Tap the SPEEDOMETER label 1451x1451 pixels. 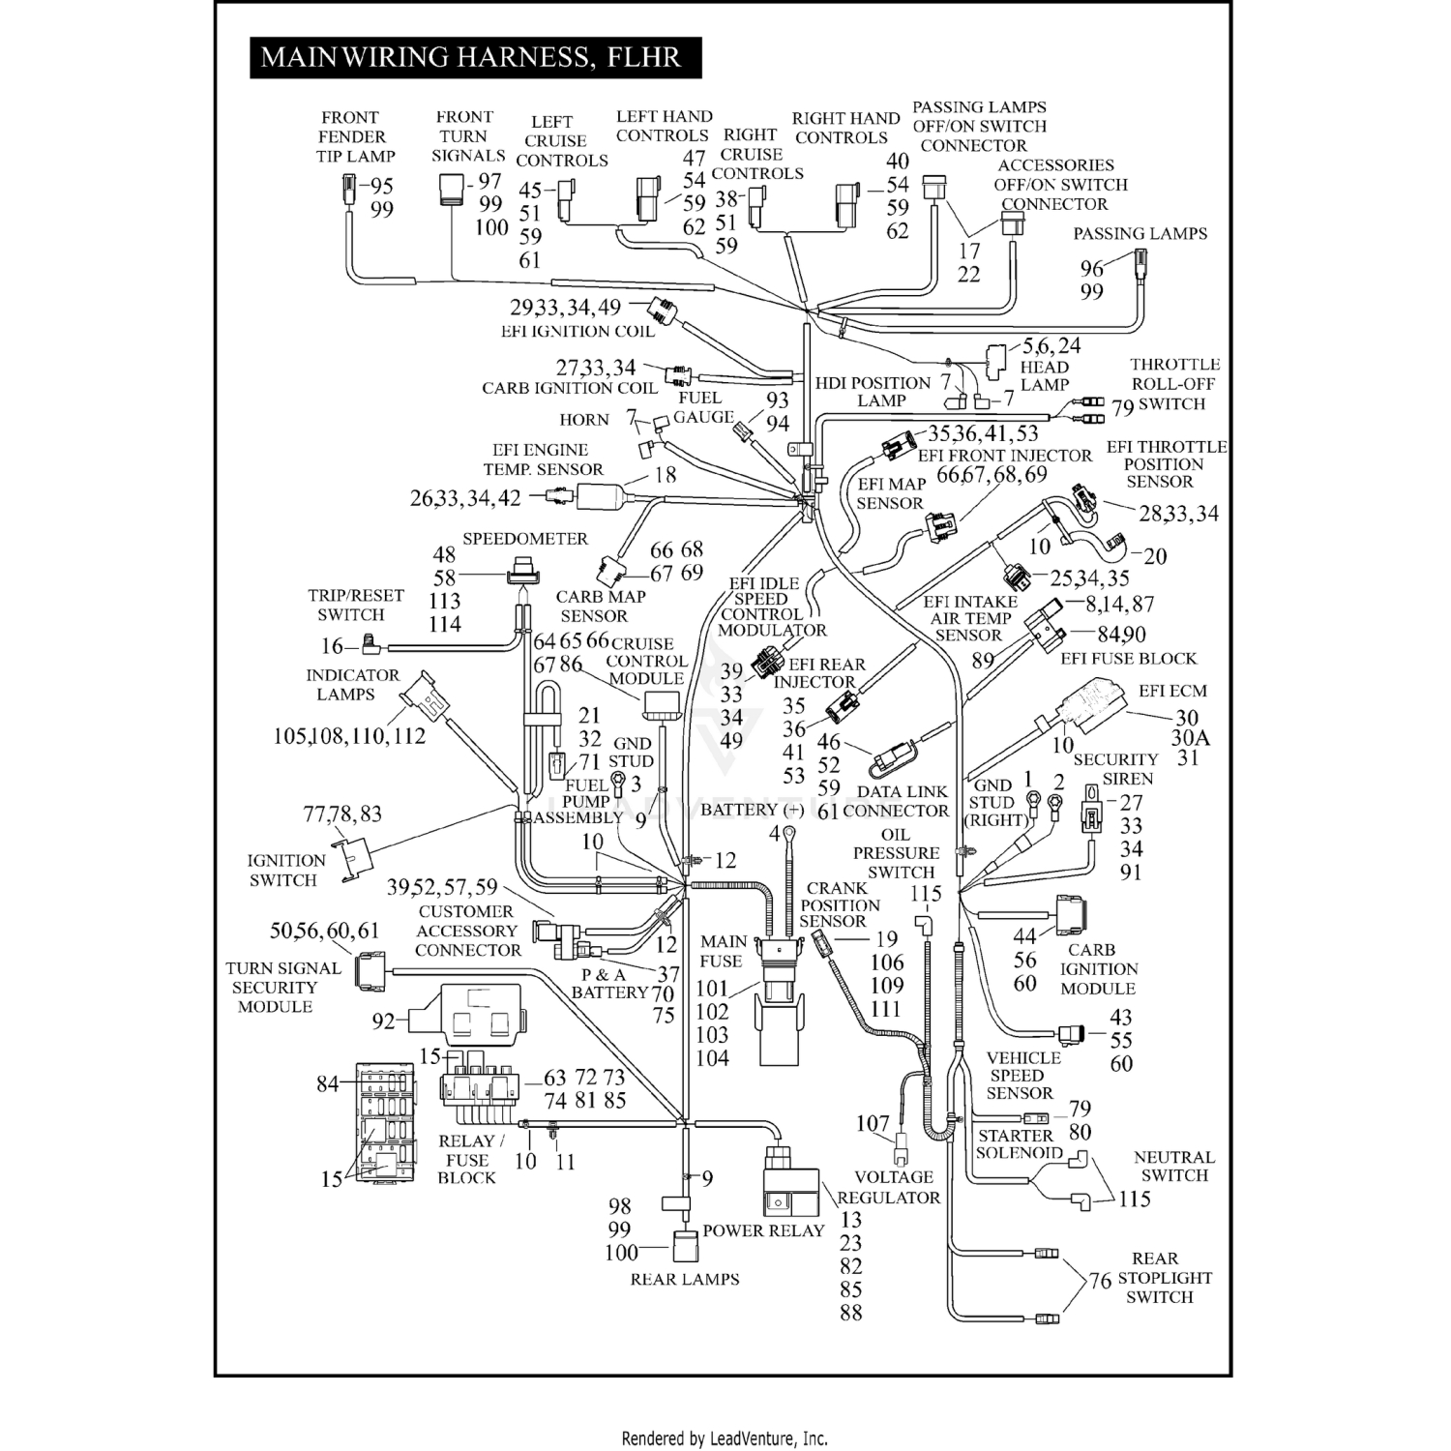click(x=524, y=539)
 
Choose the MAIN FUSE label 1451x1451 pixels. click(x=722, y=951)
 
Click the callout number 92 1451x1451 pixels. click(x=384, y=1021)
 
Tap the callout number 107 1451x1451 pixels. click(x=873, y=1123)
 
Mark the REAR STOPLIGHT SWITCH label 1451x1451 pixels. click(x=1163, y=1278)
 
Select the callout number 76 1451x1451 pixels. click(x=1100, y=1281)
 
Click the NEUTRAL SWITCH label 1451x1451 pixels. click(x=1173, y=1167)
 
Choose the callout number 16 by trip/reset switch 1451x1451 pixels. click(x=332, y=646)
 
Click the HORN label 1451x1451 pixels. click(x=584, y=420)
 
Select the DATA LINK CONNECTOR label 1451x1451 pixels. click(x=895, y=801)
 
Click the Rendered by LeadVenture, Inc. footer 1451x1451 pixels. click(x=725, y=1438)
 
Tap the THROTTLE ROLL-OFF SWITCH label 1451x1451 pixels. click(x=1173, y=384)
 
